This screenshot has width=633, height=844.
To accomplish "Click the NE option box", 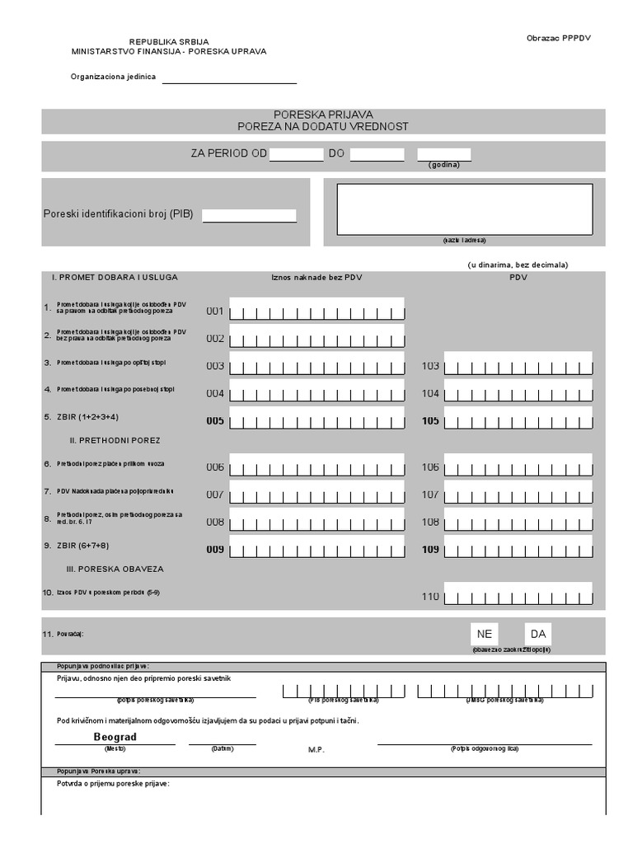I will [x=484, y=634].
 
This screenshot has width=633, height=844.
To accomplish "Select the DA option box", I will [x=538, y=634].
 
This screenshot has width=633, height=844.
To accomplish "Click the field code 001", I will [x=215, y=312].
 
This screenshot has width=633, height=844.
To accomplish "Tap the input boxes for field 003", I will [x=317, y=365].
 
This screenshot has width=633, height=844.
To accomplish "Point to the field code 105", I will [x=430, y=420].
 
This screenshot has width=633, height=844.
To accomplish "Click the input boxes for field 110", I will [x=518, y=596].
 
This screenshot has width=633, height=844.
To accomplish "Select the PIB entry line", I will [x=249, y=216].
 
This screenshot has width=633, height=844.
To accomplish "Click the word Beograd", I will [x=115, y=737].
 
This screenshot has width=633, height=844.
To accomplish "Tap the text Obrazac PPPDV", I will [x=559, y=39].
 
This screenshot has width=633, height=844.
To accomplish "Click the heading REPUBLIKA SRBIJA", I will [x=169, y=41].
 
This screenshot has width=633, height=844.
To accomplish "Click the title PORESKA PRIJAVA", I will [x=323, y=115].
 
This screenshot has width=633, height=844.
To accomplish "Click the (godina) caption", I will [x=443, y=165].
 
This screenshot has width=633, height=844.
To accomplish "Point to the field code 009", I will [x=215, y=549].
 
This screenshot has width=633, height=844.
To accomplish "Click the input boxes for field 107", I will [x=518, y=495].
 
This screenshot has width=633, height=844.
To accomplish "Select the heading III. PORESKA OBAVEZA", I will [x=115, y=569].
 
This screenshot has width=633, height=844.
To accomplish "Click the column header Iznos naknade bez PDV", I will [x=316, y=278].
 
